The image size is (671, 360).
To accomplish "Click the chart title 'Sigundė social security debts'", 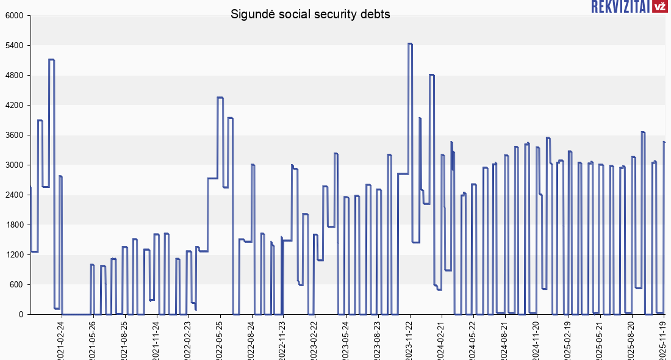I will click(x=310, y=14).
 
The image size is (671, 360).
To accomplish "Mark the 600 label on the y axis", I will click(x=15, y=285).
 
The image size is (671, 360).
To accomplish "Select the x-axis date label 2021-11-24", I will click(x=156, y=340).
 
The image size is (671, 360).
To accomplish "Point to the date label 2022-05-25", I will click(x=219, y=340).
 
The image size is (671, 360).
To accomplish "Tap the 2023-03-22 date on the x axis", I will click(x=314, y=340).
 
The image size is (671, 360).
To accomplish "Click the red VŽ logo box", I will click(x=659, y=6).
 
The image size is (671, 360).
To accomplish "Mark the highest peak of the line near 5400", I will click(x=410, y=44).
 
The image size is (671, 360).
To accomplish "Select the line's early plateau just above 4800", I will click(x=51, y=60).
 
